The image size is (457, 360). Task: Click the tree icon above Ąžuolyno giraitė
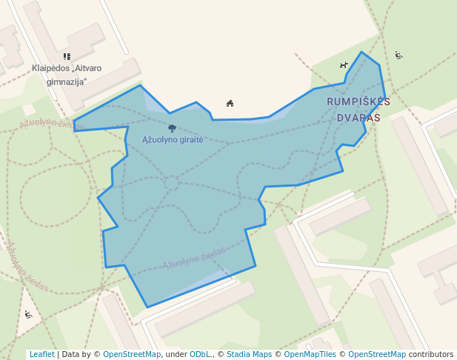[172, 129]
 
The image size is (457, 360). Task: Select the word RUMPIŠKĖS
[358, 101]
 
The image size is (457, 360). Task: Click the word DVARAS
[358, 118]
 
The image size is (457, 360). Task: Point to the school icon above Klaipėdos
[67, 56]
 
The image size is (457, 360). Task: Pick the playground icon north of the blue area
[230, 103]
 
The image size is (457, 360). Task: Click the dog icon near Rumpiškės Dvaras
[343, 65]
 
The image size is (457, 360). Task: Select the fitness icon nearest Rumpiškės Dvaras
[398, 55]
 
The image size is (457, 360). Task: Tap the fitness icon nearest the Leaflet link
[28, 315]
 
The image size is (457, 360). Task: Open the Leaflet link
[41, 354]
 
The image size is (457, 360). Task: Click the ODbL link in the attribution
[199, 354]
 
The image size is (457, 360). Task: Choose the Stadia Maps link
[249, 354]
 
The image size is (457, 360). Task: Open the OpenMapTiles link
[310, 354]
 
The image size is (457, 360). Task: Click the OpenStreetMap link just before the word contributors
[376, 354]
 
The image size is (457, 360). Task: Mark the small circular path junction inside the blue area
[171, 182]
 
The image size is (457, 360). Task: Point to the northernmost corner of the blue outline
[361, 52]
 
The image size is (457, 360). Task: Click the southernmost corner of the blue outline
[147, 307]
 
